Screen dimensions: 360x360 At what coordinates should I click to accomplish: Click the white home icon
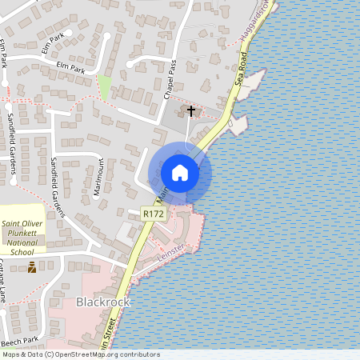[x=180, y=173]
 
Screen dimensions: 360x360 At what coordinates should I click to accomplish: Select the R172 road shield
[x=153, y=214]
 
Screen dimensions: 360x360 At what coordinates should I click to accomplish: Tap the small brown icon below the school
[x=32, y=266]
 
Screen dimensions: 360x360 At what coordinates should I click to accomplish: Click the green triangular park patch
[x=104, y=87]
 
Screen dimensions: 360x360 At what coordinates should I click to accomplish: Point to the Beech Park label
[x=19, y=340]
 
